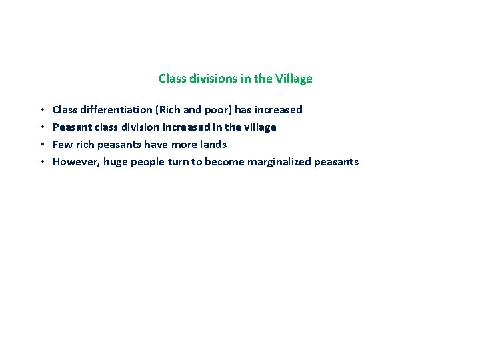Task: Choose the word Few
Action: pos(62,145)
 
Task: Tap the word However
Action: pos(75,162)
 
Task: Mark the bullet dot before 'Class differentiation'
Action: pos(41,110)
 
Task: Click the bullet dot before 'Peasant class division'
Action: pos(41,127)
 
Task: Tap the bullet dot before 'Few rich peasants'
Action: pos(41,145)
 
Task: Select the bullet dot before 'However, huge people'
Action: pos(41,162)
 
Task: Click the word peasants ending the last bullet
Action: pos(337,162)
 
